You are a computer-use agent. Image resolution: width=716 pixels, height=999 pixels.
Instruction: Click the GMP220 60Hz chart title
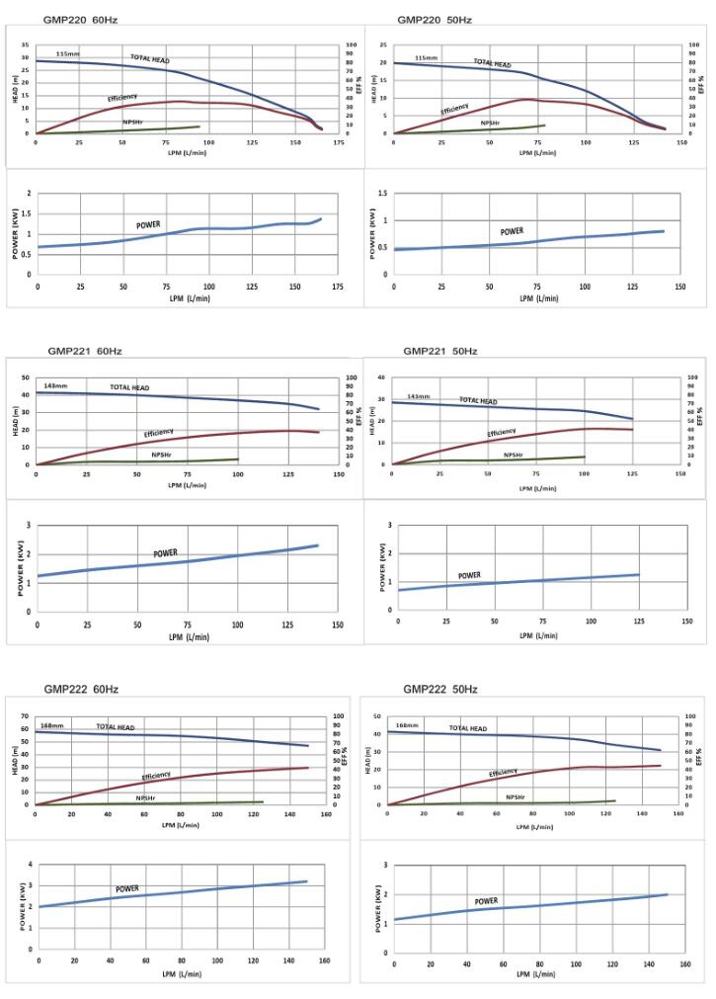pos(73,20)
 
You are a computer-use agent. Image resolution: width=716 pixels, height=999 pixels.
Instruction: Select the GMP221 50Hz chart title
pos(439,351)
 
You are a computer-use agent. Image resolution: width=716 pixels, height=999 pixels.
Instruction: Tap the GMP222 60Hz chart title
pos(81,689)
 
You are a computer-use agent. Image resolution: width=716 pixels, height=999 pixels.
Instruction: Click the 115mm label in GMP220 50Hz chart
pos(426,58)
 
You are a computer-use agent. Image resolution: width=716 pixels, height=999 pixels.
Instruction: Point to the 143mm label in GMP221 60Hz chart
pos(55,385)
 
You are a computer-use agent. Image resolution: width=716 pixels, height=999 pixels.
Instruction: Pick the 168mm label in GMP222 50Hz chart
pos(407,725)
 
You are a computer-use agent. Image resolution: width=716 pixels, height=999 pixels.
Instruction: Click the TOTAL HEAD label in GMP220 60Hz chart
pos(150,59)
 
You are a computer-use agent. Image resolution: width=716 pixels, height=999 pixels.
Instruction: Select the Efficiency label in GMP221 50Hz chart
pos(501,433)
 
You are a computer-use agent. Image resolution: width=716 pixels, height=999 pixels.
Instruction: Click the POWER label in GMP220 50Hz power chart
pos(512,231)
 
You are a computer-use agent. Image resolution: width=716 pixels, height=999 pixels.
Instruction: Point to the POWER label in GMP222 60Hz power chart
pos(127,889)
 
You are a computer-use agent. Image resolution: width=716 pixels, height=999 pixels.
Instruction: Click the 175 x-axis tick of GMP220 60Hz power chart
pos(337,287)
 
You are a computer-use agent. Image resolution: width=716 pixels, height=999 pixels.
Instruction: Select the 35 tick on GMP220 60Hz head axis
pos(27,45)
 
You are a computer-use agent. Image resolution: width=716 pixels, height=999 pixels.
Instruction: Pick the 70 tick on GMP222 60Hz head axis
pos(26,716)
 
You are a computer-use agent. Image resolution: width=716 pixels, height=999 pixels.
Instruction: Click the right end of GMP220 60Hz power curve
pos(321,218)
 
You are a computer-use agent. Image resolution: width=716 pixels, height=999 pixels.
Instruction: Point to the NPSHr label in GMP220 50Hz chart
pos(490,124)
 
